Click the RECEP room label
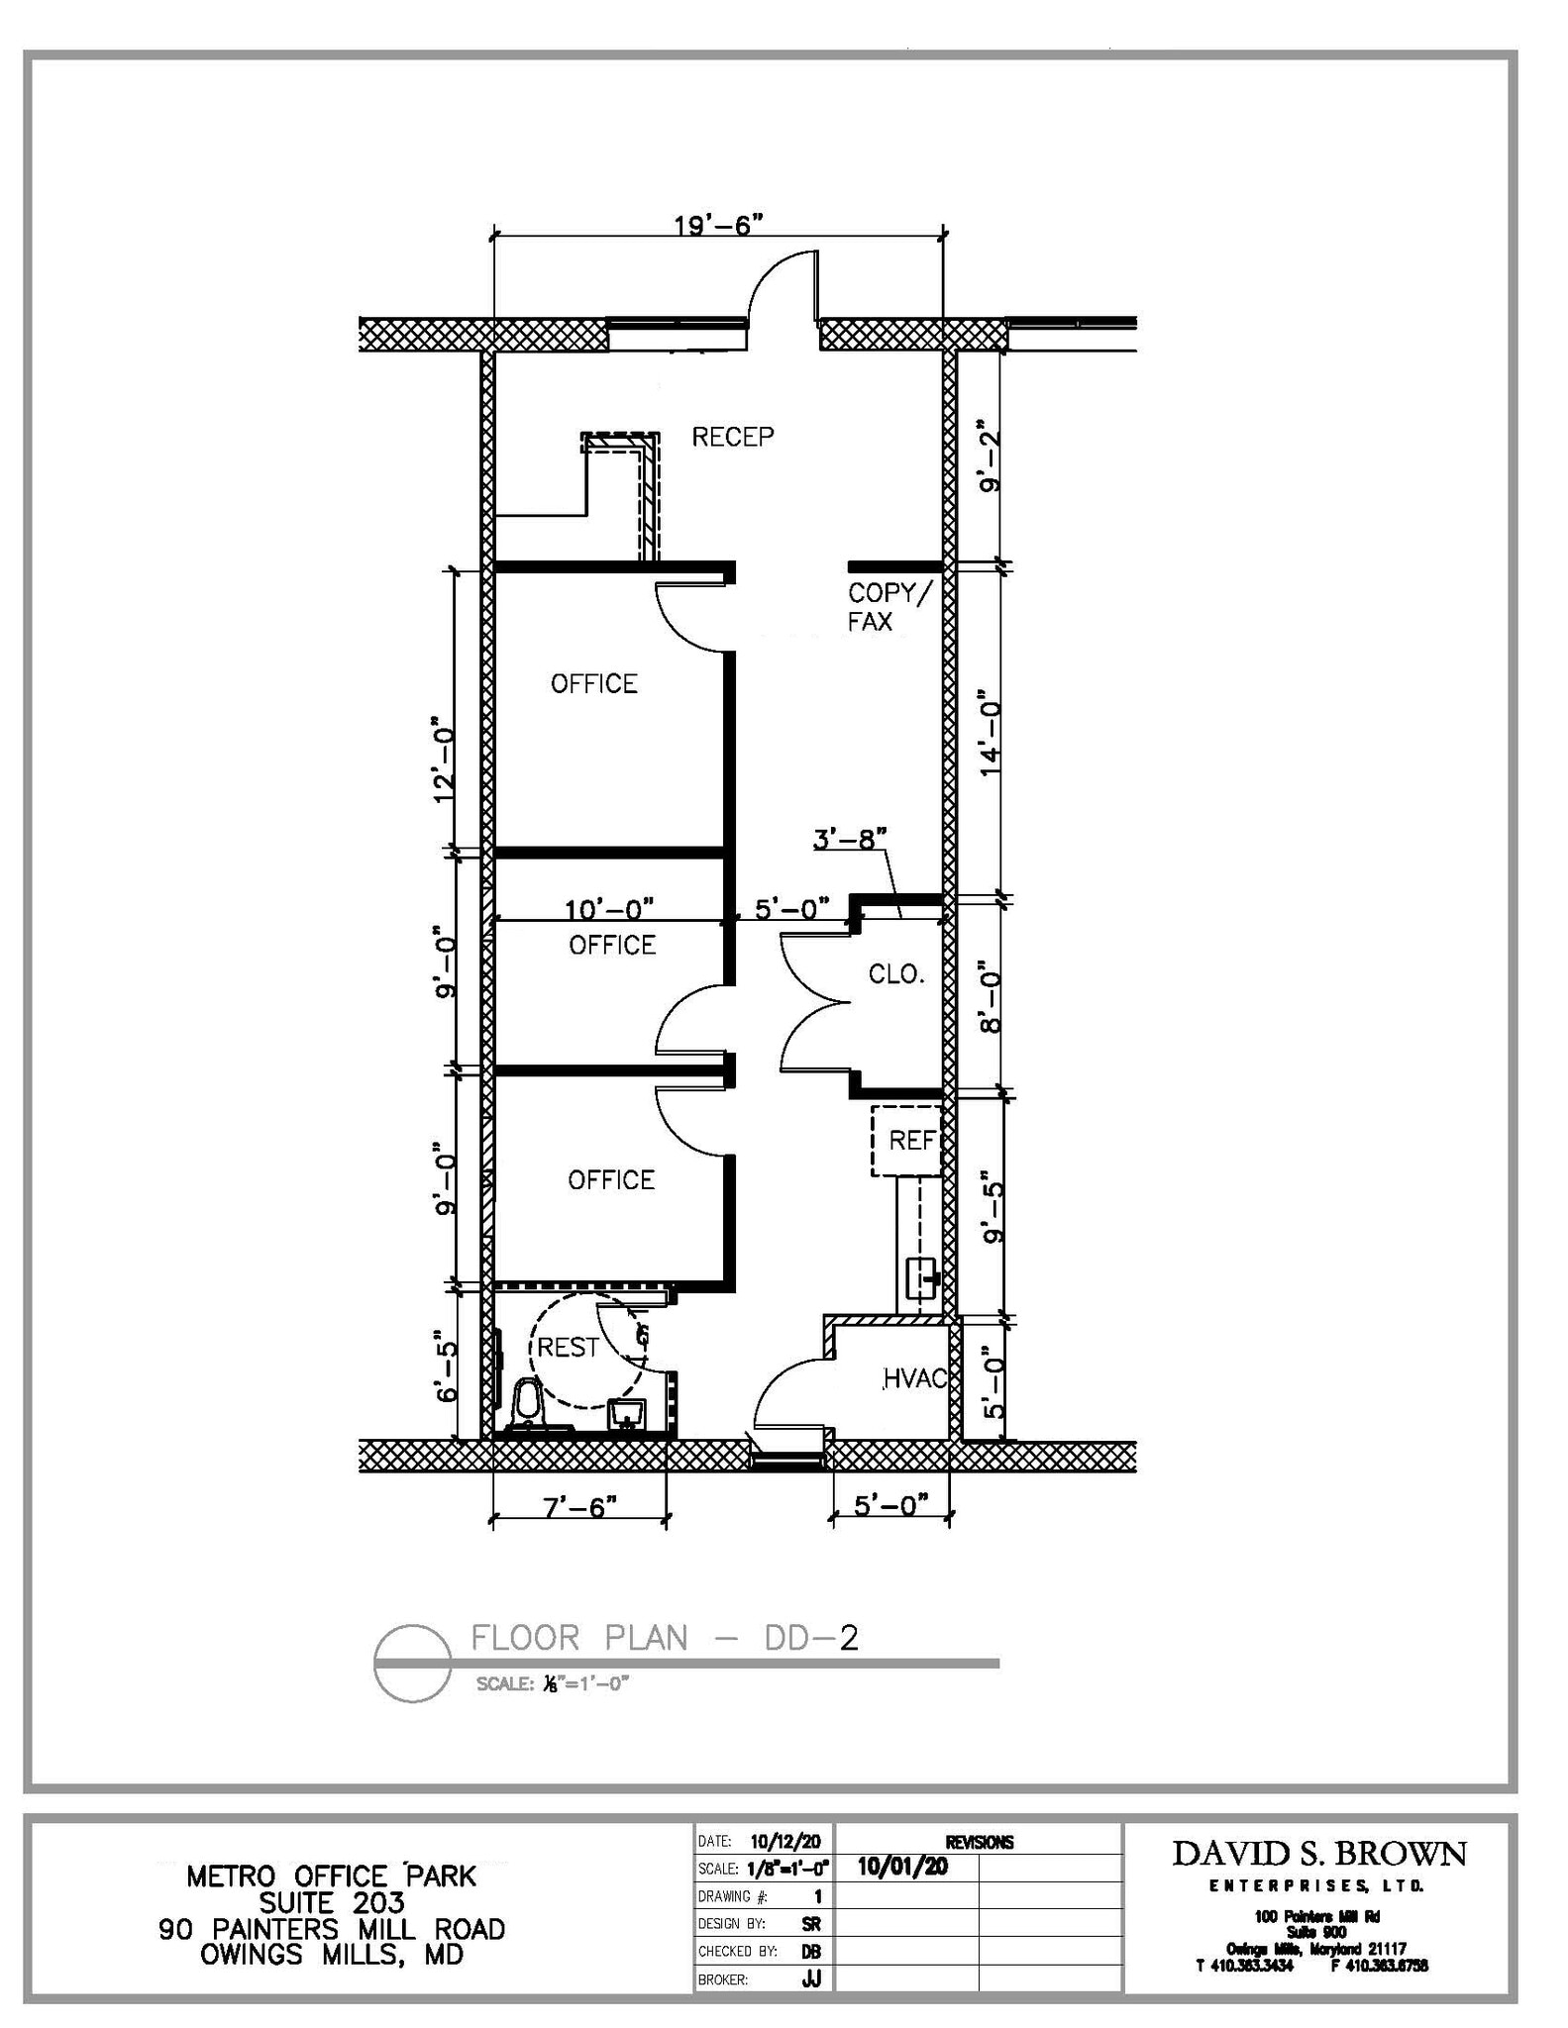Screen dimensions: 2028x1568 (732, 437)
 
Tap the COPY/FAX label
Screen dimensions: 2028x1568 (889, 607)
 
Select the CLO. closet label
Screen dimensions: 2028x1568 (895, 974)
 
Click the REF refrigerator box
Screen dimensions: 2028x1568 (907, 1141)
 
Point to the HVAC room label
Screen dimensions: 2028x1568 (916, 1378)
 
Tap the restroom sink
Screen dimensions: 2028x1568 (626, 1412)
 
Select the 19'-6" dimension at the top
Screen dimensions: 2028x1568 (719, 225)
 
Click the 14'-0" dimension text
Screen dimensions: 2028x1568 (990, 732)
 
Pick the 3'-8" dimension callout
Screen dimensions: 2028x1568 (849, 840)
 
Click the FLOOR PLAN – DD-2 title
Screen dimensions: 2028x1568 (664, 1638)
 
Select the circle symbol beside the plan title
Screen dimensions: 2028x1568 (413, 1664)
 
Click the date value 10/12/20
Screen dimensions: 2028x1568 (785, 1842)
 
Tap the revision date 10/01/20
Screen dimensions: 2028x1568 (902, 1867)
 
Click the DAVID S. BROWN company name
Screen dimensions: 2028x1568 (1318, 1854)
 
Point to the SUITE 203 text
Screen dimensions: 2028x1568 (332, 1902)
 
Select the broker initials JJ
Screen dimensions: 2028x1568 (811, 1979)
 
